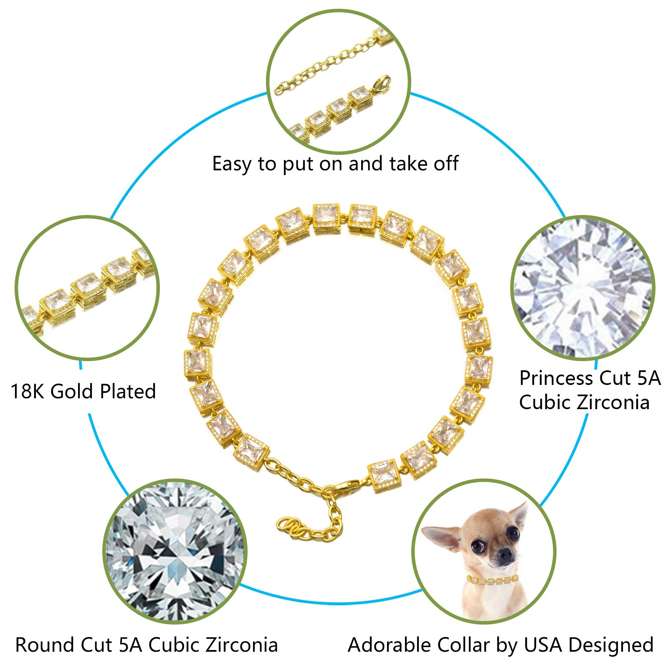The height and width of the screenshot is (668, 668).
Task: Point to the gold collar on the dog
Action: pos(493,579)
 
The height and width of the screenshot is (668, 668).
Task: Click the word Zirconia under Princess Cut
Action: pos(613,402)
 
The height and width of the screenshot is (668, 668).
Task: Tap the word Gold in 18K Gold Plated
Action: pos(73,392)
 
